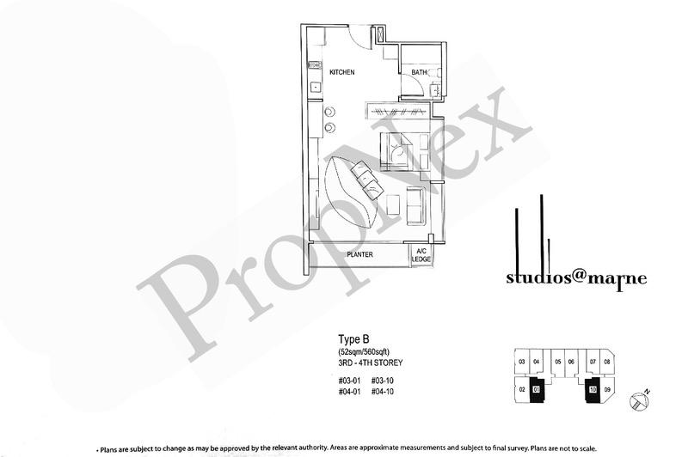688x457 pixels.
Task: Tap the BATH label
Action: (x=419, y=73)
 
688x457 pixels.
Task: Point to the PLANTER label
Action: (x=359, y=255)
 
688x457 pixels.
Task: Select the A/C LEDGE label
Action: (x=423, y=255)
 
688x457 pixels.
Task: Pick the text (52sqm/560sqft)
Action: (x=362, y=351)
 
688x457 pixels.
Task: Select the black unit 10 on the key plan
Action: (x=593, y=389)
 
